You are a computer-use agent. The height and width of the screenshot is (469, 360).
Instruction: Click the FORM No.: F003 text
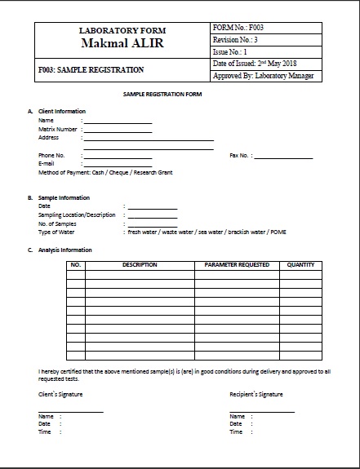238,28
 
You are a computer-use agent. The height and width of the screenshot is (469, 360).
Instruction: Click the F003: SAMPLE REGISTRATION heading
91,70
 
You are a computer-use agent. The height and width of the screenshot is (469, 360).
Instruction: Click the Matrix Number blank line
117,131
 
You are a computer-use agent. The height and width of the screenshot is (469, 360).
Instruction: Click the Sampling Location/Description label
78,215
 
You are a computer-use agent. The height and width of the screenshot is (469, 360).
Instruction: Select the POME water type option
278,232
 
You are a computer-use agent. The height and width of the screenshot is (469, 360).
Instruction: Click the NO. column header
75,265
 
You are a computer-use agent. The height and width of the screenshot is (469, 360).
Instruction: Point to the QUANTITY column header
300,265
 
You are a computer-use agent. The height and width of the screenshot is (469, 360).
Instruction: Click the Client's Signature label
60,394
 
